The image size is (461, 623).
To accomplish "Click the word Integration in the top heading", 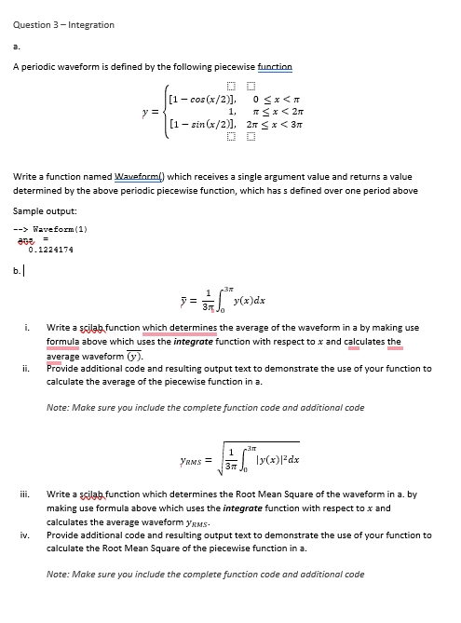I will point(87,24).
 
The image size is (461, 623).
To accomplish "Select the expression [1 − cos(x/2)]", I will point(200,99).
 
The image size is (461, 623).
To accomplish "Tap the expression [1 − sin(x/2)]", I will point(200,124).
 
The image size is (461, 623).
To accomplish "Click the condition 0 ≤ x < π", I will point(280,99).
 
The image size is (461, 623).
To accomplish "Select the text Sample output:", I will point(43,211).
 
